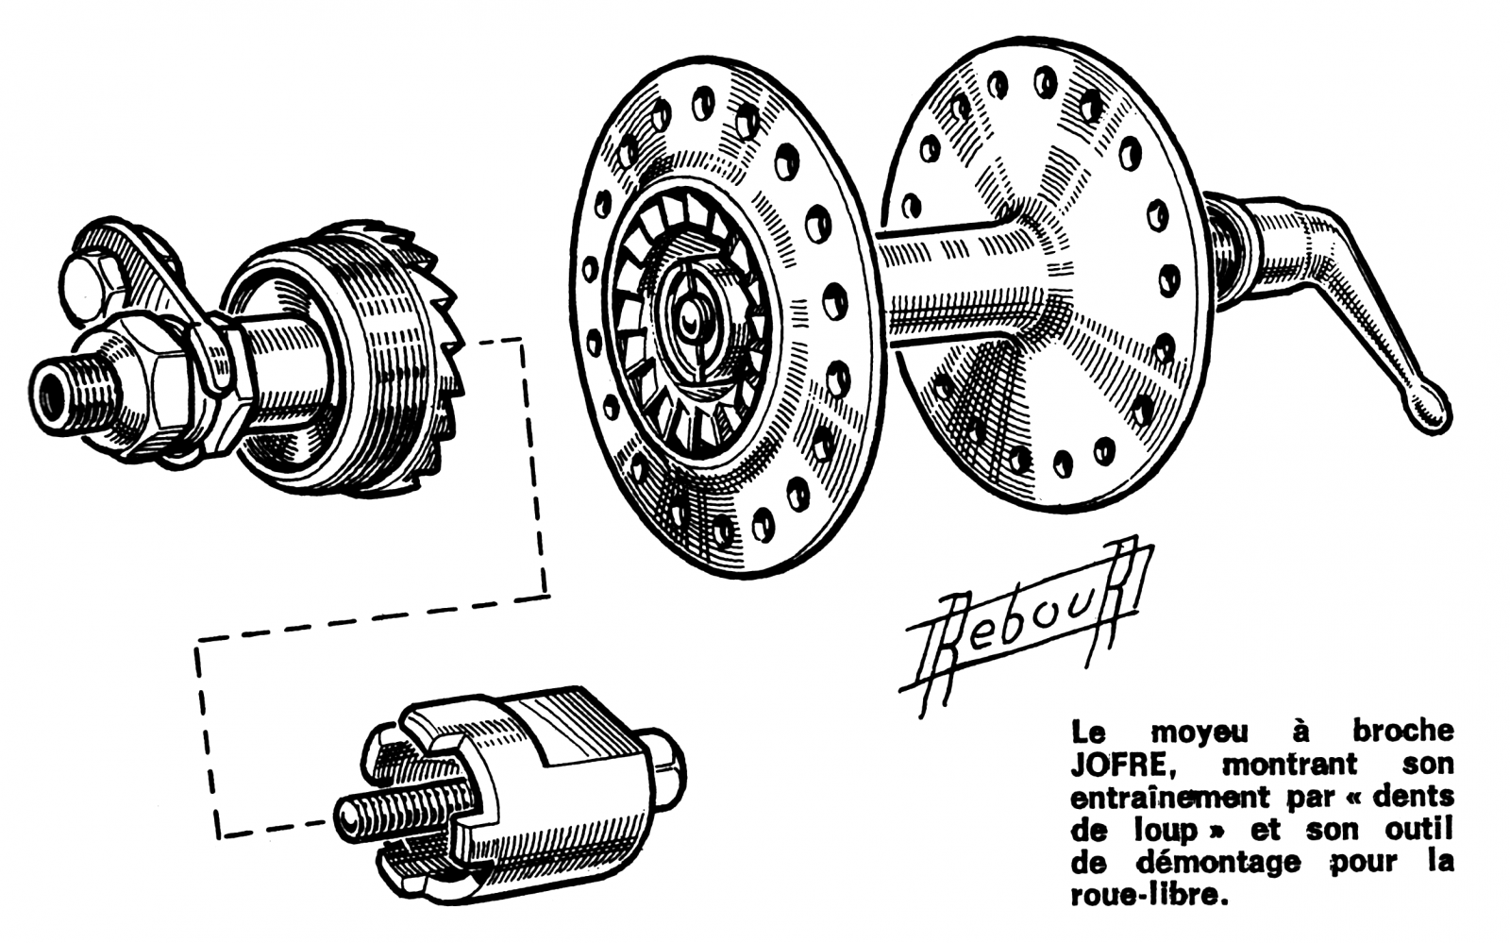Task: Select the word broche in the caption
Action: pos(1402,731)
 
